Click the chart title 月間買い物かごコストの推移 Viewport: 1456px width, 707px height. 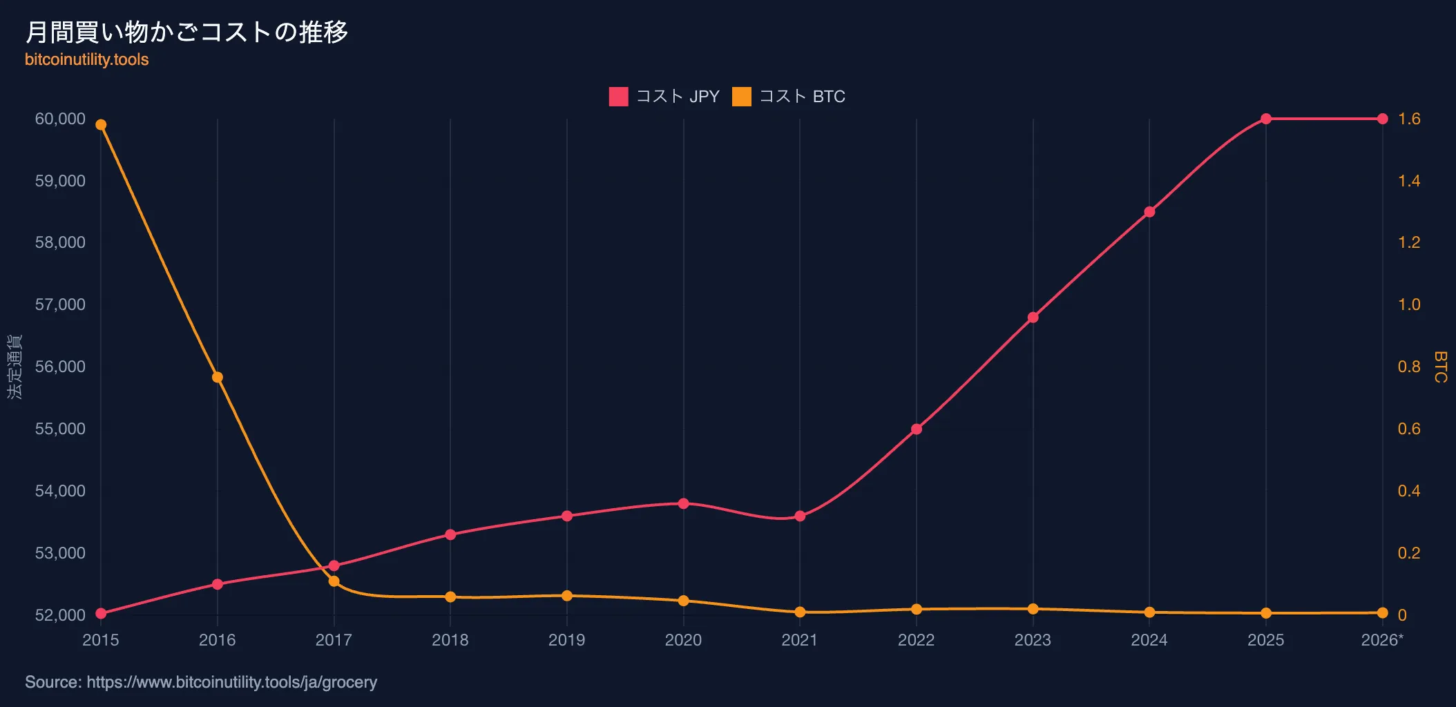(x=186, y=32)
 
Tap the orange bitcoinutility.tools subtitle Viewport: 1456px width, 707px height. (x=87, y=59)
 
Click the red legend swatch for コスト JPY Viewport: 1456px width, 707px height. (x=618, y=97)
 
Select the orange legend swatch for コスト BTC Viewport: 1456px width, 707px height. (x=742, y=97)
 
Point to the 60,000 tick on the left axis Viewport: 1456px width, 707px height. (x=60, y=119)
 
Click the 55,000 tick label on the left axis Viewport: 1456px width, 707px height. (x=60, y=429)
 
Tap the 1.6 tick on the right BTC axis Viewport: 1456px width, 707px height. (x=1409, y=119)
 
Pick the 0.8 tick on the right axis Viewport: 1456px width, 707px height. (x=1409, y=367)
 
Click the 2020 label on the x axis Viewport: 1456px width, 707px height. (x=683, y=640)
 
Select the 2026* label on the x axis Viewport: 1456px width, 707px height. (x=1382, y=640)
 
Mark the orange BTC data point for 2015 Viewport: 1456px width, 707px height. (x=101, y=125)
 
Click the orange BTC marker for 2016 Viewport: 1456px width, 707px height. (x=218, y=377)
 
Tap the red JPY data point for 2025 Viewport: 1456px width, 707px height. (x=1266, y=119)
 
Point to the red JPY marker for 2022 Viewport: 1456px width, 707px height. (x=917, y=429)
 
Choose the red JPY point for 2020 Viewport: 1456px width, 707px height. (x=684, y=503)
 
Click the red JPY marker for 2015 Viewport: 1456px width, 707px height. (x=101, y=614)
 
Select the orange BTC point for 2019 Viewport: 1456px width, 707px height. (x=567, y=596)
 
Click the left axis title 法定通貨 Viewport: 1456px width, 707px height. (x=15, y=367)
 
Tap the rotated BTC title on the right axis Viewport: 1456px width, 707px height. (x=1440, y=367)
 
